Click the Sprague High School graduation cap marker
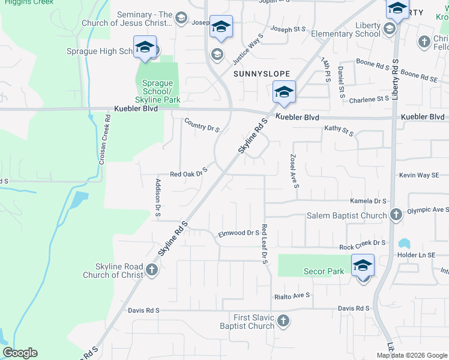coord(145,47)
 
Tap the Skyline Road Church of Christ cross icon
coord(151,271)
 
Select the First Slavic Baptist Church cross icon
coord(283,321)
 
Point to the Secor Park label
coord(323,271)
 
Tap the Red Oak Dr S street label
coord(188,173)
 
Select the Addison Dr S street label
coord(158,197)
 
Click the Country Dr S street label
coord(202,125)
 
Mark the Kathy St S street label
coord(340,129)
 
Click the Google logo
coord(20,353)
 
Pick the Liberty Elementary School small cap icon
coord(390,28)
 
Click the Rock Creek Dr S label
coord(362,243)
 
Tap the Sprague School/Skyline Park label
coord(157,91)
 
